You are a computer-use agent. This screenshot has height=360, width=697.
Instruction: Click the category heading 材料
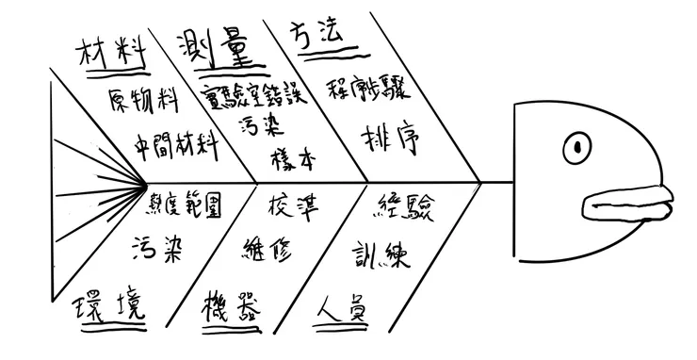point(113,53)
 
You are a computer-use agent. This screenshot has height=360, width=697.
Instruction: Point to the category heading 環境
point(111,308)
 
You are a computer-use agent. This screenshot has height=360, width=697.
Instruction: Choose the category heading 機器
point(230,307)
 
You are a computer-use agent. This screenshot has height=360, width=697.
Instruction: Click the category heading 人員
point(341,308)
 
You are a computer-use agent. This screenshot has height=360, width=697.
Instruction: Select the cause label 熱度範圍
point(186,205)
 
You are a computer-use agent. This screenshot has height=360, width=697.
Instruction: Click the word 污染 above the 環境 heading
point(161,247)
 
